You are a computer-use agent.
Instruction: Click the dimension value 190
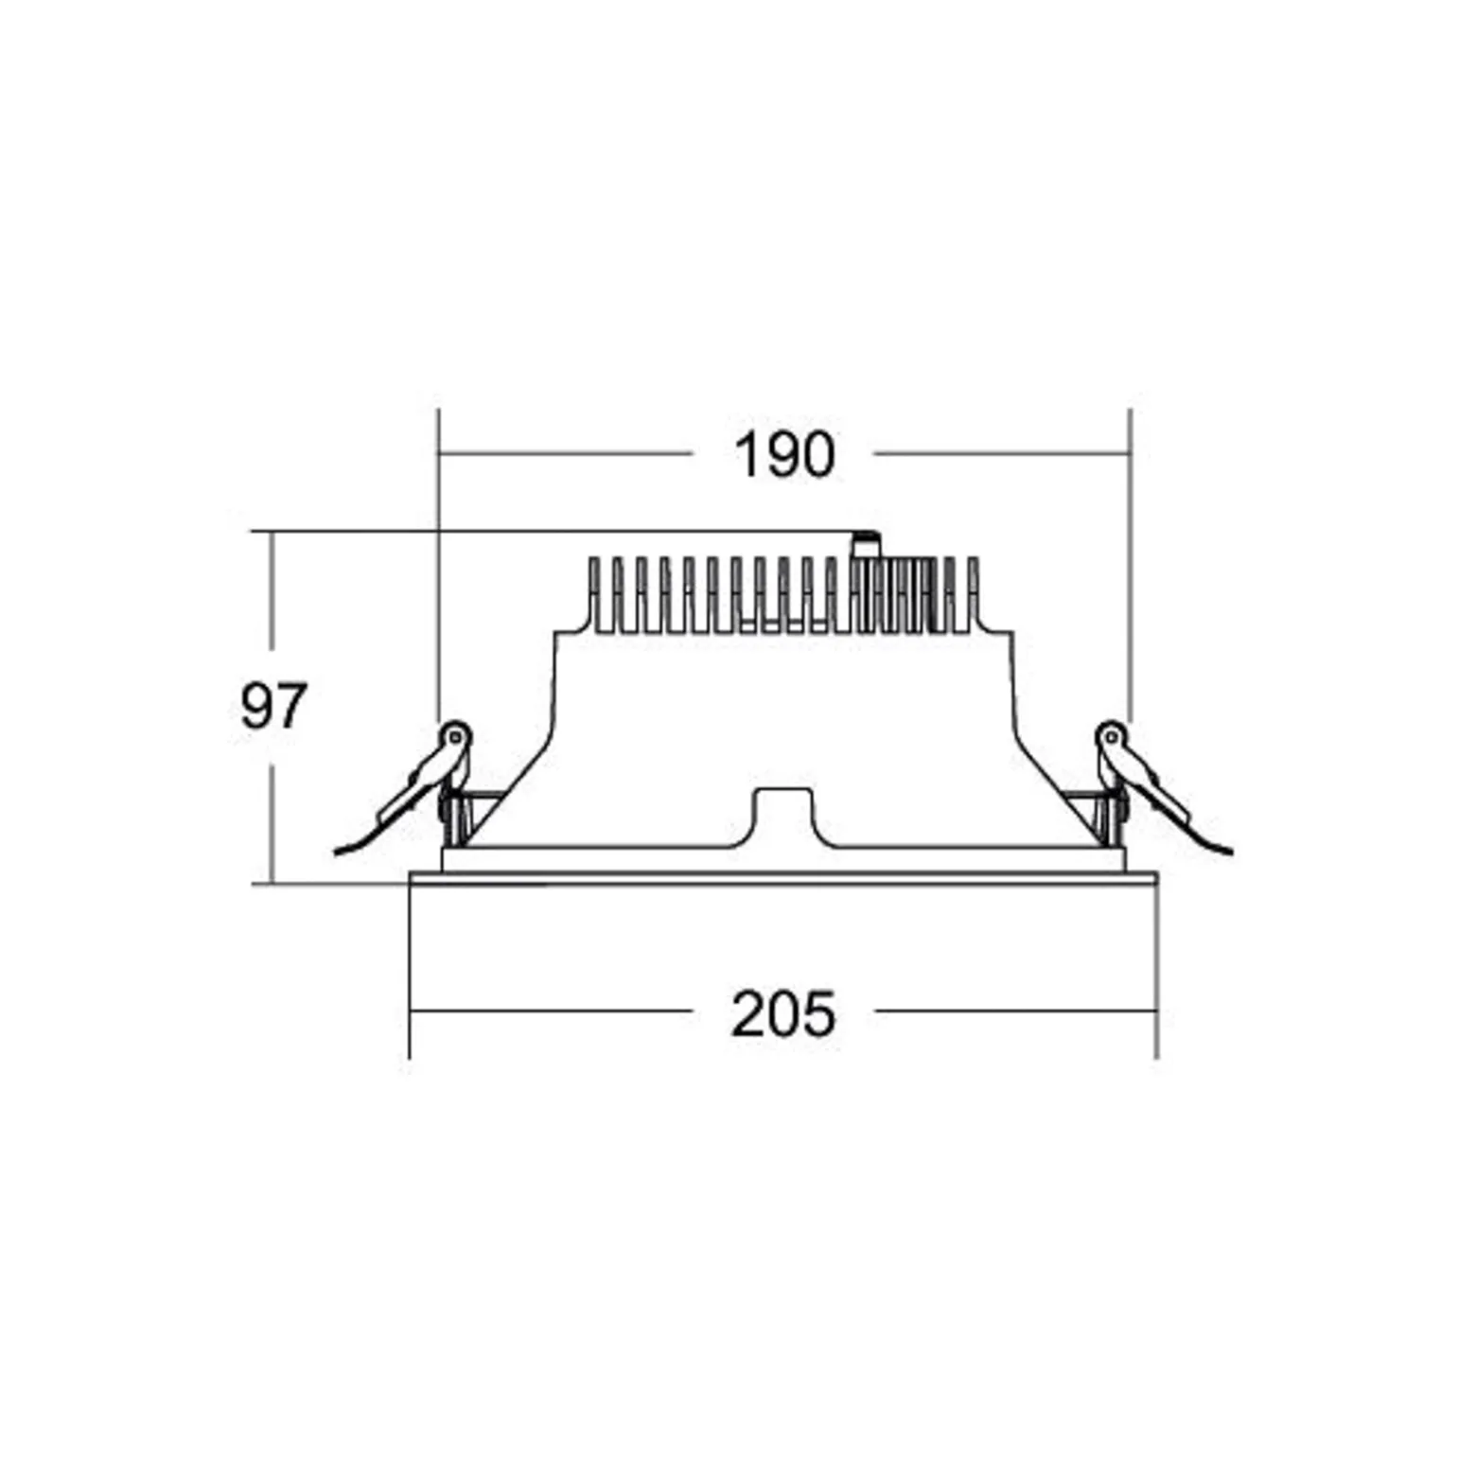coord(784,455)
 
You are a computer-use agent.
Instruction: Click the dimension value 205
coord(783,1014)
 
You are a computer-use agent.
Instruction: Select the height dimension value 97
coord(273,706)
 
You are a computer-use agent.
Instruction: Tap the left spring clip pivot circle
coord(455,735)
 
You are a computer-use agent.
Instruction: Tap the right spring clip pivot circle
coord(1111,735)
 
